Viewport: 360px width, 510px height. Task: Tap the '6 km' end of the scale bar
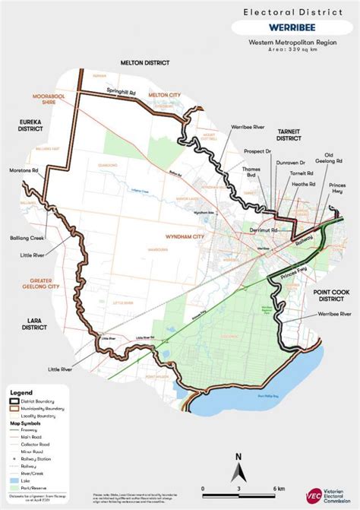tap(277, 488)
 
